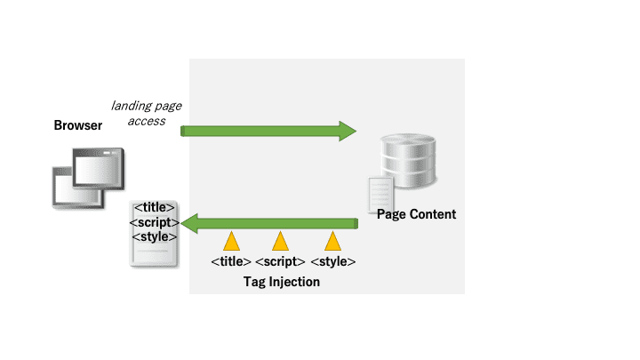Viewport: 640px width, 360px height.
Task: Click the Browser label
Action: (x=78, y=125)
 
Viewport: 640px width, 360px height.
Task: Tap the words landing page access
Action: (x=147, y=113)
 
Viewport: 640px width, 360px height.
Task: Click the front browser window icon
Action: (x=99, y=169)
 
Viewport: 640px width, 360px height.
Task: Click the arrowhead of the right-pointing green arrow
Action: (x=348, y=131)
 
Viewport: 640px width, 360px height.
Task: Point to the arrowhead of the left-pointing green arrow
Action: (x=189, y=224)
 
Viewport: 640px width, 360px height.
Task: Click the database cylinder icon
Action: (x=408, y=161)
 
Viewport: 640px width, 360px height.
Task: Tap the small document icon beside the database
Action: (x=380, y=195)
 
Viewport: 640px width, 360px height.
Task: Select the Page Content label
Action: (x=416, y=214)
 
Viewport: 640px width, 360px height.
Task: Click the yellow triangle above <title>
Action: (x=231, y=243)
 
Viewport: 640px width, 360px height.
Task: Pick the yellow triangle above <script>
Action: (x=280, y=243)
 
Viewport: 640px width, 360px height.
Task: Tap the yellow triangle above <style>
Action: (x=333, y=243)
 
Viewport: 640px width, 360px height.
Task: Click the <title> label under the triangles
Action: (x=231, y=261)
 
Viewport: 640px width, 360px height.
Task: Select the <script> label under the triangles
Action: (x=280, y=261)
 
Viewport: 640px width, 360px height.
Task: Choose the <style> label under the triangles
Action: (x=333, y=261)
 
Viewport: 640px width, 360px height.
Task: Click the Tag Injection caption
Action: (x=282, y=282)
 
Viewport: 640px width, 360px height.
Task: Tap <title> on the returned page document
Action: (x=155, y=207)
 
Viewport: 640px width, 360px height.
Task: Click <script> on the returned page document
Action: (x=155, y=222)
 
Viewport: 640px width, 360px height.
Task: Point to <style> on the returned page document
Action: (x=155, y=236)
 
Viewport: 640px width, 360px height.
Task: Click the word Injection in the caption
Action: (x=294, y=282)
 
